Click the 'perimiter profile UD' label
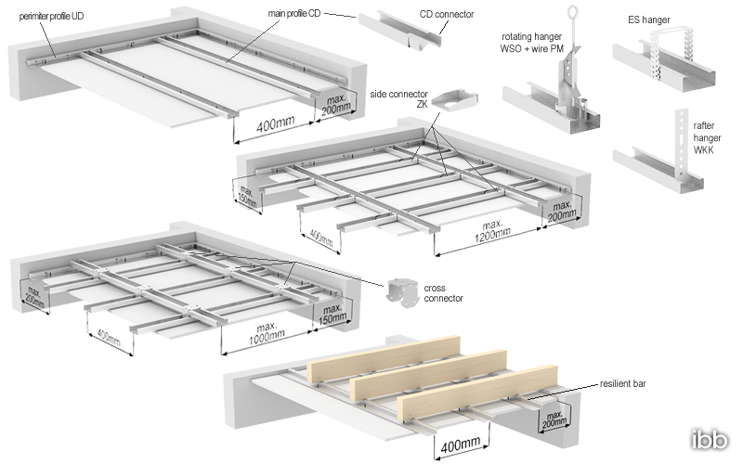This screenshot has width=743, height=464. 51,16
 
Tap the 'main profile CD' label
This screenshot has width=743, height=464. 294,14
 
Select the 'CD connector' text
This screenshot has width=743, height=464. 447,14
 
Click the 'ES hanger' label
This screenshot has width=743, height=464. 648,19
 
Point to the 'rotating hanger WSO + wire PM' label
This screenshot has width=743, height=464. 531,43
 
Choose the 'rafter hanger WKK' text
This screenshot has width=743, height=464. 707,137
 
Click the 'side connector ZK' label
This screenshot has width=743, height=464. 398,99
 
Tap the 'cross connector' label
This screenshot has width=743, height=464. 443,293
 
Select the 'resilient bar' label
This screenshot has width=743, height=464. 622,383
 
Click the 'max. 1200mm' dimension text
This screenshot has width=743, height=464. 493,229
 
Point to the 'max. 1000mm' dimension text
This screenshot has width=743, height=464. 267,333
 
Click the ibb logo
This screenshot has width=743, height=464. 710,440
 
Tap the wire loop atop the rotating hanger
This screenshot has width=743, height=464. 572,10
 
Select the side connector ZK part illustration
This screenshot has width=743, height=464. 454,99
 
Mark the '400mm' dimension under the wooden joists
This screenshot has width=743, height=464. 461,445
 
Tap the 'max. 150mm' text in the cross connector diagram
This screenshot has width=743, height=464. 332,315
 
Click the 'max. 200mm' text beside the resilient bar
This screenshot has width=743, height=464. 554,419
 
